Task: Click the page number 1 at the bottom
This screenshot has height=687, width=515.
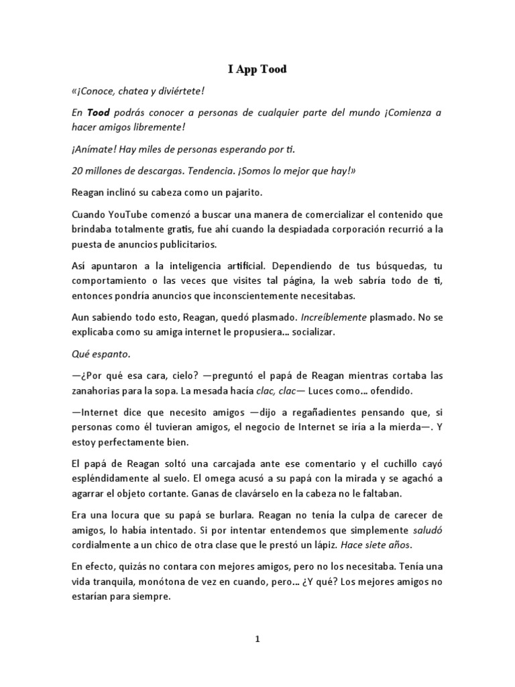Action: click(257, 639)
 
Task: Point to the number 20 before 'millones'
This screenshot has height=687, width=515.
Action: click(76, 170)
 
